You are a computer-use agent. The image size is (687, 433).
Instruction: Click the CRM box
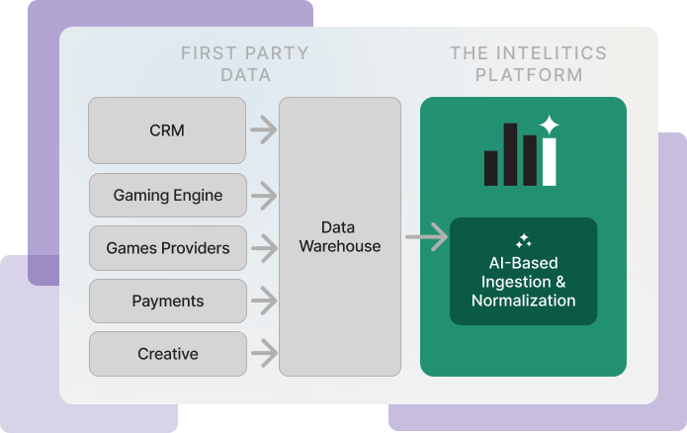pyautogui.click(x=167, y=130)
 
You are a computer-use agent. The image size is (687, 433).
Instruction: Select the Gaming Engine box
pyautogui.click(x=167, y=195)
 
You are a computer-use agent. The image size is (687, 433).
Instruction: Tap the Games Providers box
pyautogui.click(x=167, y=248)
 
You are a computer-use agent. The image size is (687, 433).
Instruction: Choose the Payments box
pyautogui.click(x=167, y=301)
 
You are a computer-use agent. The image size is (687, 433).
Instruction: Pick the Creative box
pyautogui.click(x=167, y=354)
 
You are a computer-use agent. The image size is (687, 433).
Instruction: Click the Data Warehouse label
pyautogui.click(x=339, y=236)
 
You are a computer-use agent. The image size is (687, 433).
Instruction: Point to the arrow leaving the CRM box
pyautogui.click(x=263, y=129)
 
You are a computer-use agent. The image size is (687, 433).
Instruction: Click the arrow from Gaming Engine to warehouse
pyautogui.click(x=263, y=196)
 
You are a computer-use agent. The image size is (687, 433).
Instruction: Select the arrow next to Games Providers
pyautogui.click(x=263, y=248)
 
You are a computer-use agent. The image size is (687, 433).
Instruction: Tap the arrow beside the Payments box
pyautogui.click(x=263, y=301)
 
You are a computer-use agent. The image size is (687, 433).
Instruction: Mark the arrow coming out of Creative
pyautogui.click(x=263, y=350)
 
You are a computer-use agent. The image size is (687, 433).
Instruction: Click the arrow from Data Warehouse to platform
pyautogui.click(x=426, y=237)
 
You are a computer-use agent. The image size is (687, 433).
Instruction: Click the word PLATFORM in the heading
pyautogui.click(x=528, y=75)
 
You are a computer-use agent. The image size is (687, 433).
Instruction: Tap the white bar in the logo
pyautogui.click(x=549, y=162)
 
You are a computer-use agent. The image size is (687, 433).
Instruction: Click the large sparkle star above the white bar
pyautogui.click(x=549, y=126)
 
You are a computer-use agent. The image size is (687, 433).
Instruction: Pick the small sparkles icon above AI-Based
pyautogui.click(x=523, y=240)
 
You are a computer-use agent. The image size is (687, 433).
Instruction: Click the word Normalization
pyautogui.click(x=523, y=301)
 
